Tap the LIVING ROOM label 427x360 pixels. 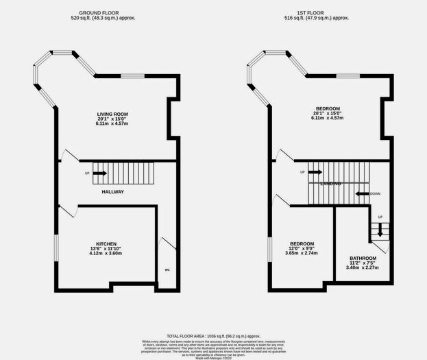(x=112, y=114)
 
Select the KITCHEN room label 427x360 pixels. (x=106, y=243)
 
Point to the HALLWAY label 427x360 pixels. (x=112, y=191)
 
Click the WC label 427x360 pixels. (x=167, y=269)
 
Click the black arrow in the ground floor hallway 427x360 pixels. (x=99, y=173)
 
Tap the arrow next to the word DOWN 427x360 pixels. (x=361, y=194)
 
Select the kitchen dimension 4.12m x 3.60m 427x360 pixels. (x=106, y=254)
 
